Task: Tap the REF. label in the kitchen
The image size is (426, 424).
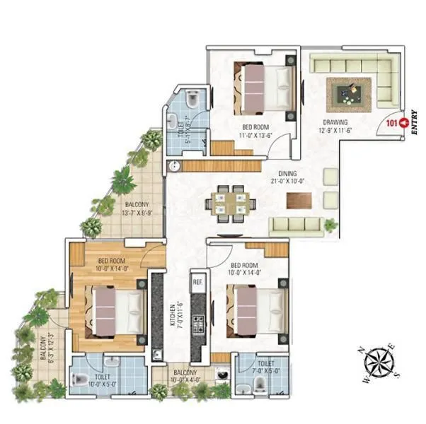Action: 197,282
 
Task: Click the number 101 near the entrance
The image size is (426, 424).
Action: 391,123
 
